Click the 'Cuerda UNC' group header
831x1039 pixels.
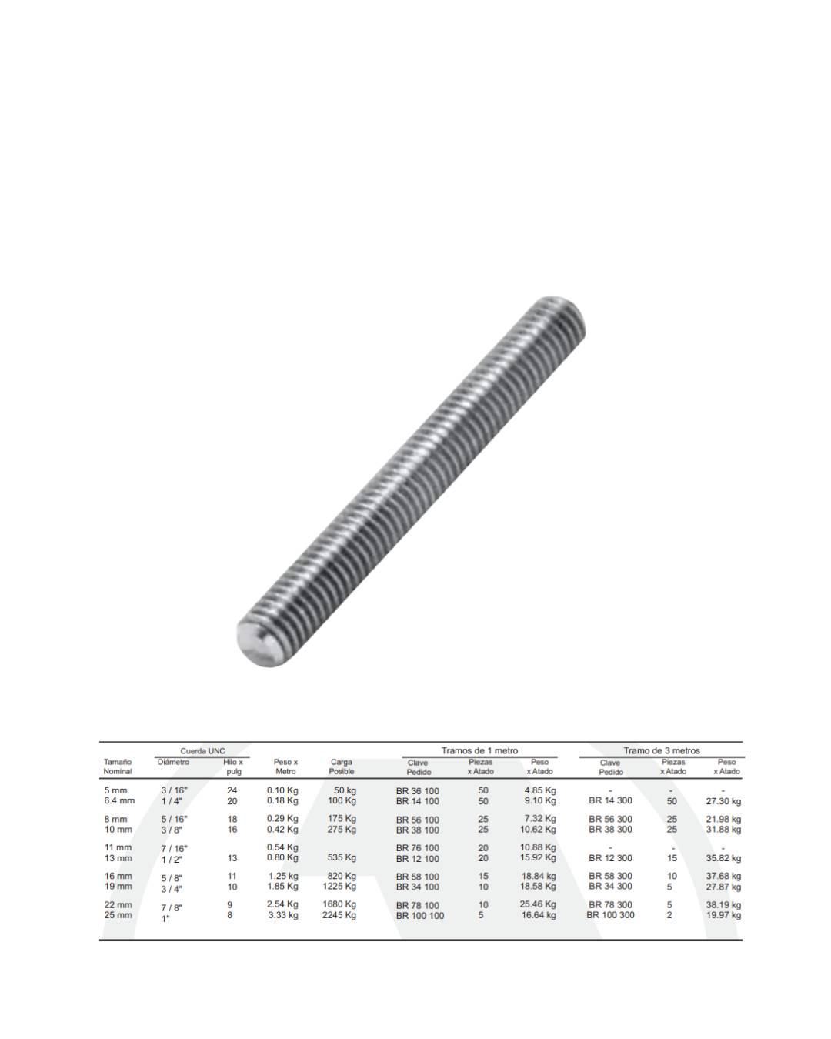tap(202, 751)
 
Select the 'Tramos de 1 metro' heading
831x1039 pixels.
tap(479, 750)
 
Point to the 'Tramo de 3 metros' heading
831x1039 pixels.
tap(661, 750)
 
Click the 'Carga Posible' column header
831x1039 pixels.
tap(341, 767)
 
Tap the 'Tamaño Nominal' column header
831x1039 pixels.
tap(117, 767)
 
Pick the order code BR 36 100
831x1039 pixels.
tap(417, 791)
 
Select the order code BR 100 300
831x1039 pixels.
tap(610, 915)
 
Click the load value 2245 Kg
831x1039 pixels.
tap(339, 915)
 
